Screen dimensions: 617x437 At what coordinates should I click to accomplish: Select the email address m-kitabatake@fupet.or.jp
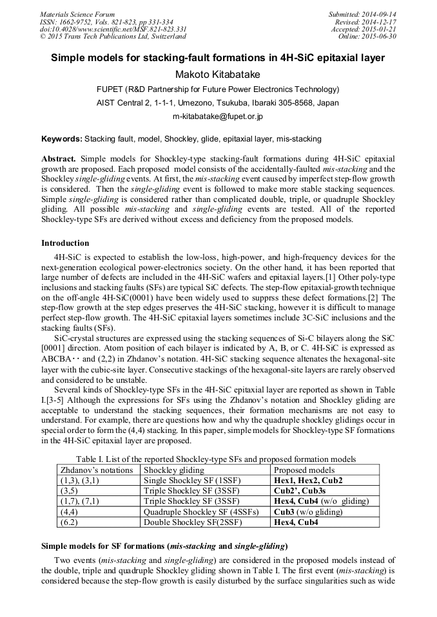click(218, 117)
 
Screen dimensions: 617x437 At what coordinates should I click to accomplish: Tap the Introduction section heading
click(65, 243)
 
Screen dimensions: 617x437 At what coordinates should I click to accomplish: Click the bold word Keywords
click(61, 138)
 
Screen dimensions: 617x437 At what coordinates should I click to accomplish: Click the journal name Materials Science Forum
click(77, 14)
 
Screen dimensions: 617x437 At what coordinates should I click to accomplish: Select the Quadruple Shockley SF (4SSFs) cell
click(200, 512)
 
